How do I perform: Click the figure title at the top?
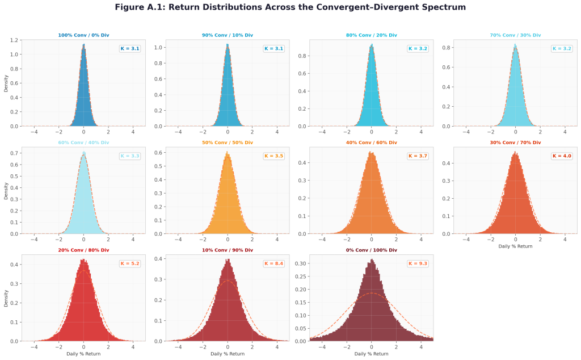tap(290, 7)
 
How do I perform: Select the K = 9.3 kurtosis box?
tap(418, 263)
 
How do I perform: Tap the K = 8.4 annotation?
tap(273, 263)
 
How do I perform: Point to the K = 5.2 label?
tap(130, 263)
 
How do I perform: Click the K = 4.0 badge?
tap(562, 156)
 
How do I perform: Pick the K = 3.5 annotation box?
tap(273, 156)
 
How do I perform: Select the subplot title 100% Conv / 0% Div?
tap(84, 35)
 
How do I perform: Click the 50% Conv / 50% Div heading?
tap(228, 143)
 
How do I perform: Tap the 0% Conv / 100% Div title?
tap(371, 250)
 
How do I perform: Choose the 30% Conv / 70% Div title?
tap(515, 143)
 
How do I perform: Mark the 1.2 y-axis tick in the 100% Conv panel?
tap(15, 40)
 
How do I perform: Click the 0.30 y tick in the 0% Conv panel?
tap(301, 263)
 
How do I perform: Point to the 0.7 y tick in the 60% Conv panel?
tap(15, 153)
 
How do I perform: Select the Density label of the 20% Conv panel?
tap(6, 298)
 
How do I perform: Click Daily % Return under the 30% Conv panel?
tap(515, 246)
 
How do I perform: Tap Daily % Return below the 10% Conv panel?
tap(228, 354)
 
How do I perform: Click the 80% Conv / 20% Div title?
tap(371, 35)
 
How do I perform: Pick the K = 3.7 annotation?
tap(418, 156)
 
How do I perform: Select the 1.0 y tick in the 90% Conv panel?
tap(159, 48)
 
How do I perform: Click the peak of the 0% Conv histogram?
tap(372, 259)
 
